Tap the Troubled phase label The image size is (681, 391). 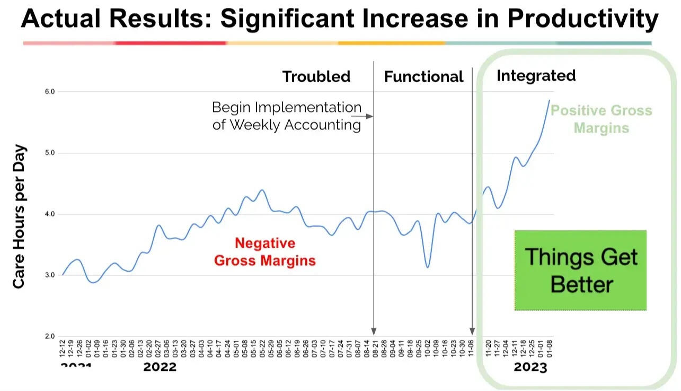pos(316,76)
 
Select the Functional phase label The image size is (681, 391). pos(423,77)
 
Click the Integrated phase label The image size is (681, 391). pos(536,76)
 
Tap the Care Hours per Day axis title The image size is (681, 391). pos(19,216)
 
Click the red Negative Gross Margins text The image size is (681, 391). pos(264,252)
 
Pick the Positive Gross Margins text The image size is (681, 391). pos(601,119)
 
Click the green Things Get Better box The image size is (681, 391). pos(580,271)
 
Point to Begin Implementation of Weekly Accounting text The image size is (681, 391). pos(287,116)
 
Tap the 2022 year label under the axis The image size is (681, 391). pos(160,367)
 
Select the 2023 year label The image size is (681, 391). pos(530,367)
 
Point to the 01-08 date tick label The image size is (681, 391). pos(549,350)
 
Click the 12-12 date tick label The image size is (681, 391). pos(63,350)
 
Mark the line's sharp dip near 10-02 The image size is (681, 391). pos(428,267)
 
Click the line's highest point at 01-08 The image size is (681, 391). pos(549,100)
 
